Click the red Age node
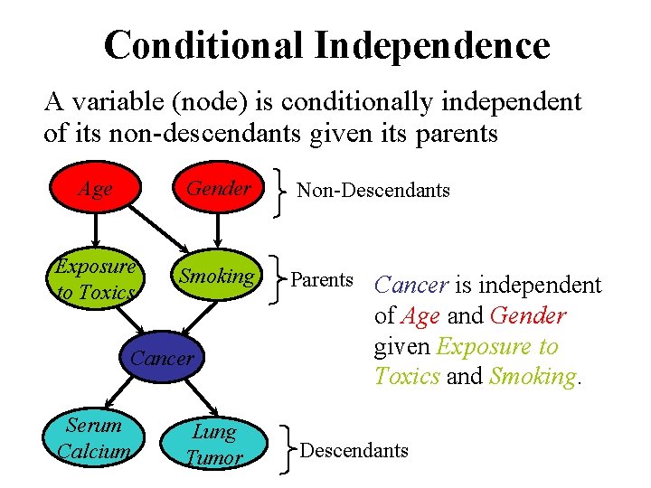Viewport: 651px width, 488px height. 95,190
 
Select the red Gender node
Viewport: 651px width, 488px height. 218,189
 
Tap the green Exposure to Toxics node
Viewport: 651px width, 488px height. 95,279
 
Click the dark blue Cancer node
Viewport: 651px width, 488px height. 162,358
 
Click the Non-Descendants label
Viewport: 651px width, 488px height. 373,190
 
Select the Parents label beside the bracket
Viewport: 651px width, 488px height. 321,279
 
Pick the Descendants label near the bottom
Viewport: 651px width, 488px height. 354,450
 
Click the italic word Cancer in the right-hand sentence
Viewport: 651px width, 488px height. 411,286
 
